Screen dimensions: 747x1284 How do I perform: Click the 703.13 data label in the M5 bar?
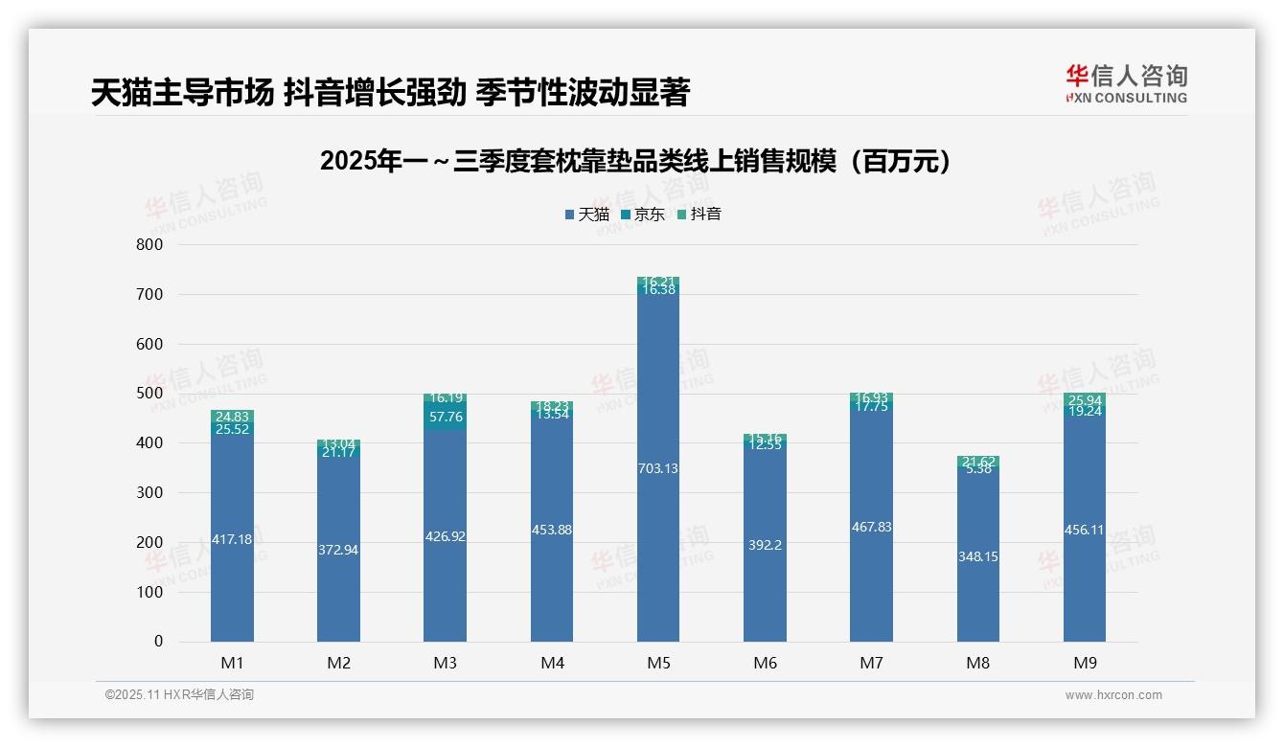[x=658, y=468]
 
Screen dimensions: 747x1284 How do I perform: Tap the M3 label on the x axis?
[x=445, y=663]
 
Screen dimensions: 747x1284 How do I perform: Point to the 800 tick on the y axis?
[x=150, y=244]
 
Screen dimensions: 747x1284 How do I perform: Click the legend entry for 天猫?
[x=586, y=214]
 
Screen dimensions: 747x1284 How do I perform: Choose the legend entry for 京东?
[x=642, y=214]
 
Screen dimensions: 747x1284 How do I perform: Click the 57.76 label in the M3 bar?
[x=445, y=417]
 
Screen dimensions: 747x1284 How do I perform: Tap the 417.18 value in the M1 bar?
[x=232, y=539]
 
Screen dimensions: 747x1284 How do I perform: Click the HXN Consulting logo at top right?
[x=1126, y=83]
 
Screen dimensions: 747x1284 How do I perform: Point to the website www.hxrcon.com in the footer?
[x=1112, y=695]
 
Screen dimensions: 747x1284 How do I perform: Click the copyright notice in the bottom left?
[x=179, y=695]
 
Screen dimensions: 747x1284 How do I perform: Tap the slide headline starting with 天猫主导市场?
[x=390, y=93]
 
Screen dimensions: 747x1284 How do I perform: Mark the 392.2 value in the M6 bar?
[x=765, y=545]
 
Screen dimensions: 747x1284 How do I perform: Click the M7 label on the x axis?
[x=871, y=663]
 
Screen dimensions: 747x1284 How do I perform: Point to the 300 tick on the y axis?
[x=150, y=492]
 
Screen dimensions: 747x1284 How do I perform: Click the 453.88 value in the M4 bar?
[x=552, y=530]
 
